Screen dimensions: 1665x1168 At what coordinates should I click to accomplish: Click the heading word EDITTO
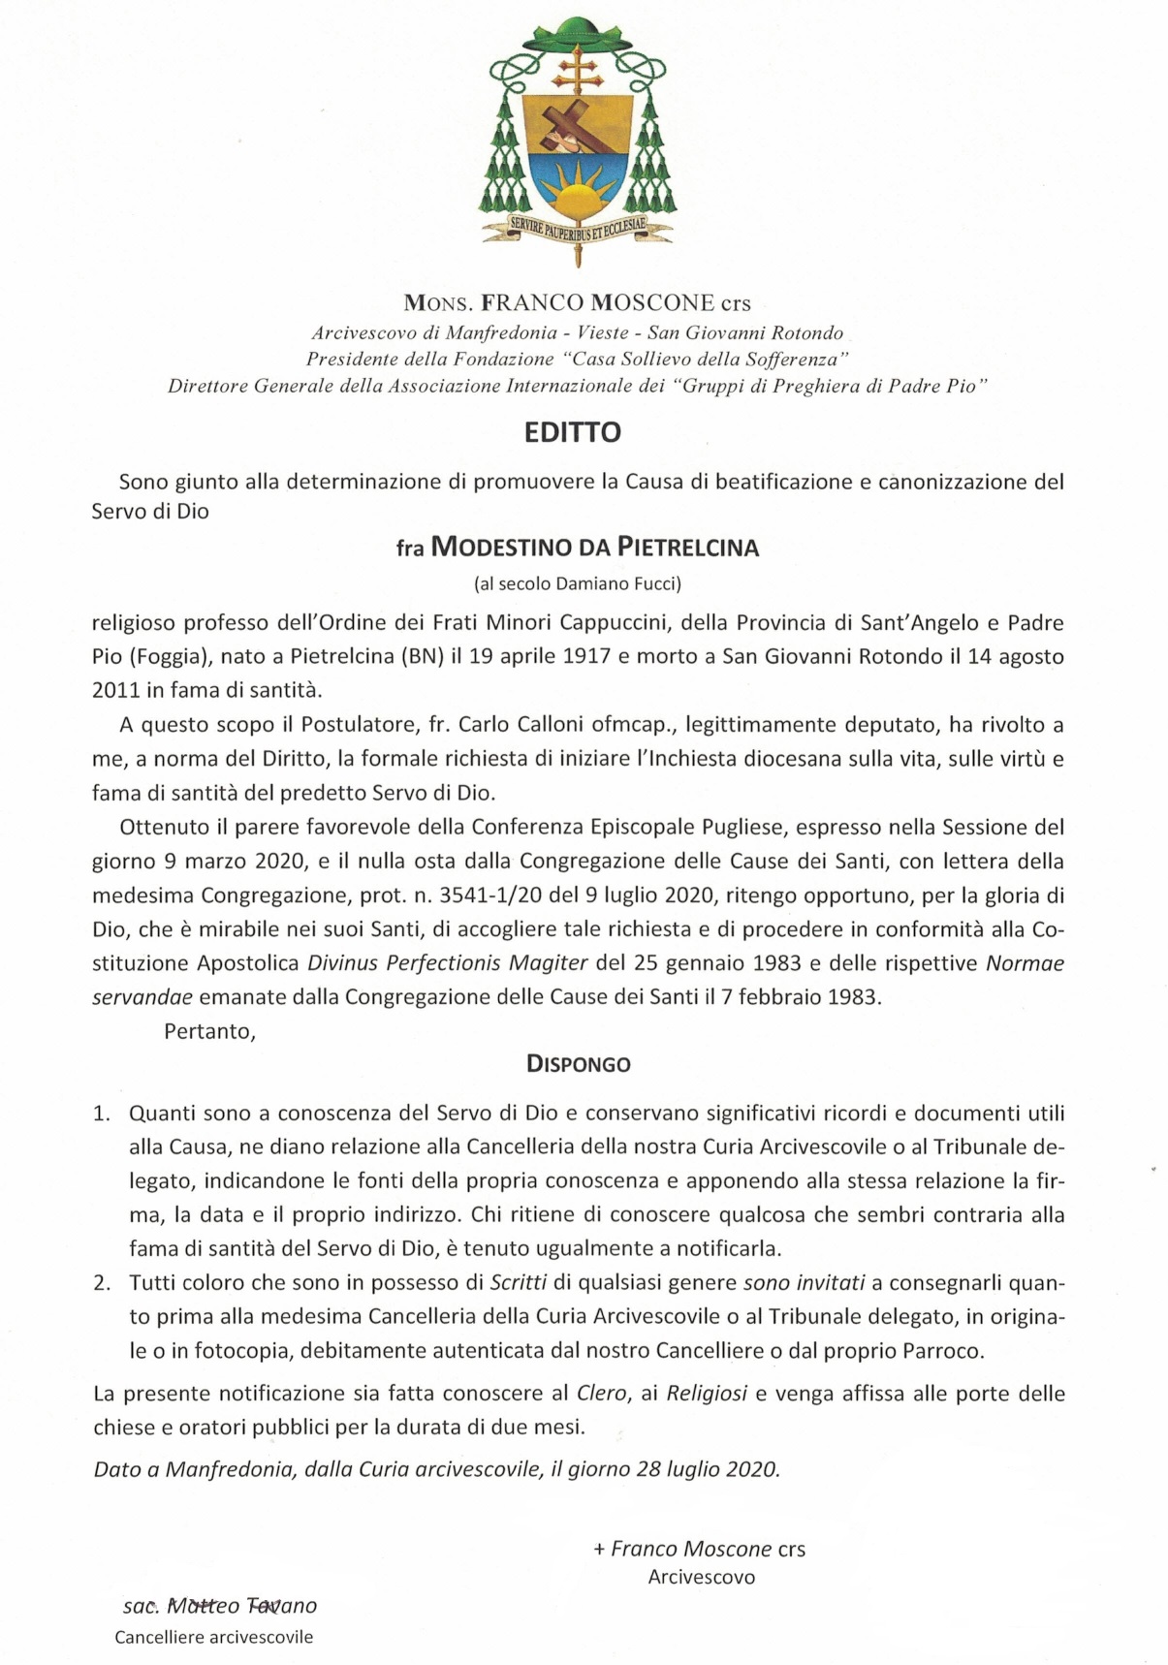[573, 432]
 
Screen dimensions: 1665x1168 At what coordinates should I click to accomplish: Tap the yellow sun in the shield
[577, 189]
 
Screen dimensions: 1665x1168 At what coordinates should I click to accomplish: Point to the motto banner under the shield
[578, 230]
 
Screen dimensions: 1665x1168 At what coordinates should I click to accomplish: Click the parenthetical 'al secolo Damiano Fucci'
[578, 583]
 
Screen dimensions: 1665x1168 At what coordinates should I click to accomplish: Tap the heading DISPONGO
[578, 1064]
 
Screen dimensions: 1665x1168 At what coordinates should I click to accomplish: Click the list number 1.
[102, 1114]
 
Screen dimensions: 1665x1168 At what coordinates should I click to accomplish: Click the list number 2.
[102, 1283]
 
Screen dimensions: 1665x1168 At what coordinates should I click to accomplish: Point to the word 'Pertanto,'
[209, 1031]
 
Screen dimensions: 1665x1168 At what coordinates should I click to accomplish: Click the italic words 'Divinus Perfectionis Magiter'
[448, 963]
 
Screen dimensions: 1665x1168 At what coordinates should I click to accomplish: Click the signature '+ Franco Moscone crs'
[699, 1549]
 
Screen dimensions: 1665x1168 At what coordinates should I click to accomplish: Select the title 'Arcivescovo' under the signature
[702, 1577]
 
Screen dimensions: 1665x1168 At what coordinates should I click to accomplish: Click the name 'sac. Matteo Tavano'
[220, 1606]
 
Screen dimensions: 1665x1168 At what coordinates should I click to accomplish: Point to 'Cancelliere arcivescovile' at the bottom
[213, 1637]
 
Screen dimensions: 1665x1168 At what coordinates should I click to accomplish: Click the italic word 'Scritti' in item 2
[518, 1283]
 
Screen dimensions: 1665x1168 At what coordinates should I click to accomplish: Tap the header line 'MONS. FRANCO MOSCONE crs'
[578, 303]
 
